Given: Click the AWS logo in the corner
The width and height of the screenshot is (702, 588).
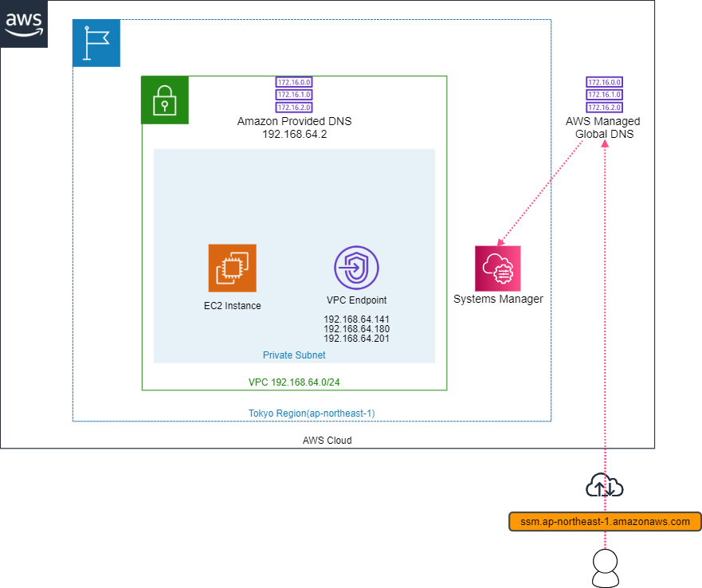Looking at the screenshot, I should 24,24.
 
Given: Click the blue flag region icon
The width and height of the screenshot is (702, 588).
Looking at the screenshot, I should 96,43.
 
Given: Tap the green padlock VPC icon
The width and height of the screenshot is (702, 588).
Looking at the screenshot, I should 165,100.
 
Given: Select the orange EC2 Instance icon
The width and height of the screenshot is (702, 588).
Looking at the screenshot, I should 232,268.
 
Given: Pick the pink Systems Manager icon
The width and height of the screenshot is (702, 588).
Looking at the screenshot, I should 498,268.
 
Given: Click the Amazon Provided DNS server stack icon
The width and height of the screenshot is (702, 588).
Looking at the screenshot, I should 294,95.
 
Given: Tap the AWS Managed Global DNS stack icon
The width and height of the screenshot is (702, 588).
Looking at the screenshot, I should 603,95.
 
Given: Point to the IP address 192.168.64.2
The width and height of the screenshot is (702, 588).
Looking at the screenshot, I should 294,134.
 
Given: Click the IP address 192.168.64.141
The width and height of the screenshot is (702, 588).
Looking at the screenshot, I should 356,319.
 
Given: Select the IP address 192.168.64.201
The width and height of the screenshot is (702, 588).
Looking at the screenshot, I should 356,339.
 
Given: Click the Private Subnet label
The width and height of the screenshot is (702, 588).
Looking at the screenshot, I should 294,355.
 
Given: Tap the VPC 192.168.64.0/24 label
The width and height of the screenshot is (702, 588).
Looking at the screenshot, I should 294,382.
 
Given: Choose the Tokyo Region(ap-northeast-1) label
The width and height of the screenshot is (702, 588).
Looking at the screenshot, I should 312,413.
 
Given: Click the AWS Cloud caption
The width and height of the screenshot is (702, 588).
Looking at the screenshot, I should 327,440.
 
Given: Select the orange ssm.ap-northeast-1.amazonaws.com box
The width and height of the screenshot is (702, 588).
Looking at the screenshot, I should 605,522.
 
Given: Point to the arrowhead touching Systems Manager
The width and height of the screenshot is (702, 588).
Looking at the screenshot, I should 500,243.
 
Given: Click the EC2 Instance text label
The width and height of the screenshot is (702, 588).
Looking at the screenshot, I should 232,305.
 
